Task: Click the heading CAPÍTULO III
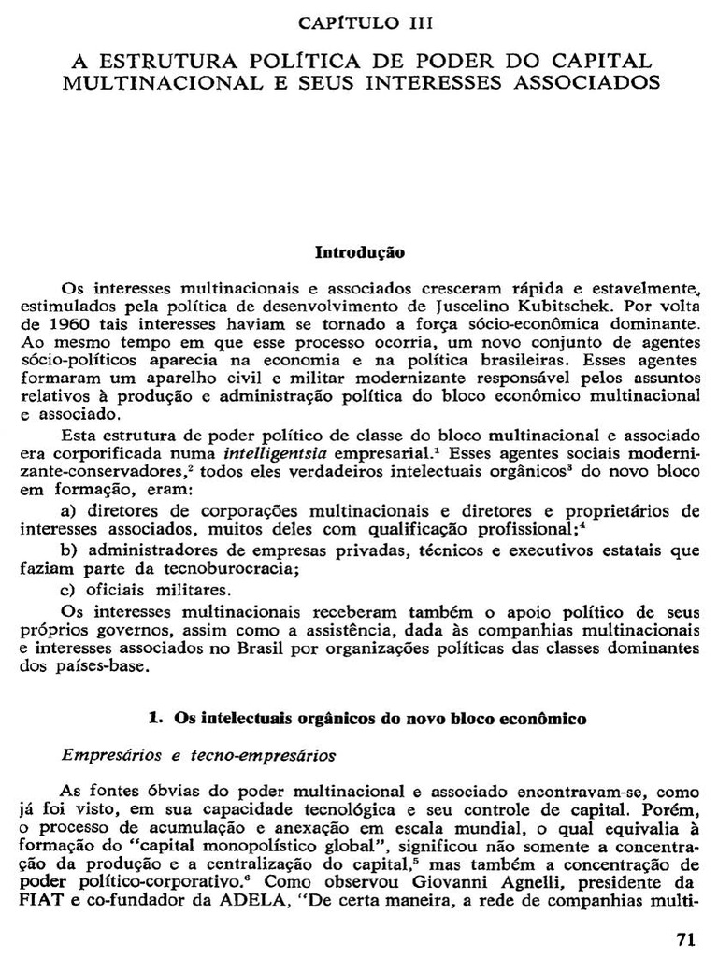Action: (358, 21)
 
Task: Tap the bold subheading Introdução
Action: (360, 252)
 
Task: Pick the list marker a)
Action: (67, 511)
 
